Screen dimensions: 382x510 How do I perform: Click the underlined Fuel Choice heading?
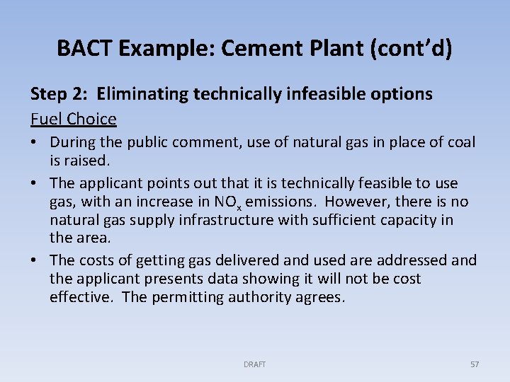(73, 118)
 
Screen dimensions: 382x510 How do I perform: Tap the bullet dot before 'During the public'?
(35, 143)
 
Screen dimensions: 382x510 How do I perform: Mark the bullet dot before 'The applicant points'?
(35, 183)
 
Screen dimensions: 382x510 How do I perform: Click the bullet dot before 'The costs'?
(35, 261)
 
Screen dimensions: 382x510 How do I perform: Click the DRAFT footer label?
(254, 364)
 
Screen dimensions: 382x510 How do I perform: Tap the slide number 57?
(475, 364)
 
